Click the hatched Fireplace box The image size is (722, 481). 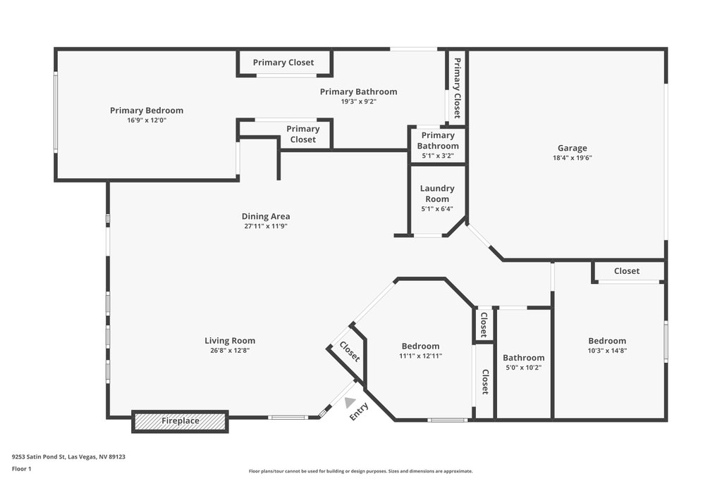tap(180, 421)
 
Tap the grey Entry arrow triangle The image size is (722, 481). tap(350, 403)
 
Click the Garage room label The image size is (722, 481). tap(573, 148)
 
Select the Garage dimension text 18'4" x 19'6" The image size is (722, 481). tap(573, 158)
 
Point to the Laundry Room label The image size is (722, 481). tap(437, 194)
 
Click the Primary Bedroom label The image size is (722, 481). tap(147, 111)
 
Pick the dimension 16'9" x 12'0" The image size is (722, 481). tap(147, 120)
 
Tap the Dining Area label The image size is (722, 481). tap(266, 216)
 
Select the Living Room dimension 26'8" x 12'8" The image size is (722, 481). tap(230, 351)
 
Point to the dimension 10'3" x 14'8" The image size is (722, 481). tap(607, 351)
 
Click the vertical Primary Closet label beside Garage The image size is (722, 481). tap(457, 88)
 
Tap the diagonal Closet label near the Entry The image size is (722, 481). tap(350, 352)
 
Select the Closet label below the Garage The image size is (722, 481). tap(627, 271)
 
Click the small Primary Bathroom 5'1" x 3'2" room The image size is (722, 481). tap(438, 145)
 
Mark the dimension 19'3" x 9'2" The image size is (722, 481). tap(358, 101)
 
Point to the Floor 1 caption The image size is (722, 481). tap(21, 469)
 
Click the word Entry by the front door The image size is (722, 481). tap(359, 411)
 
